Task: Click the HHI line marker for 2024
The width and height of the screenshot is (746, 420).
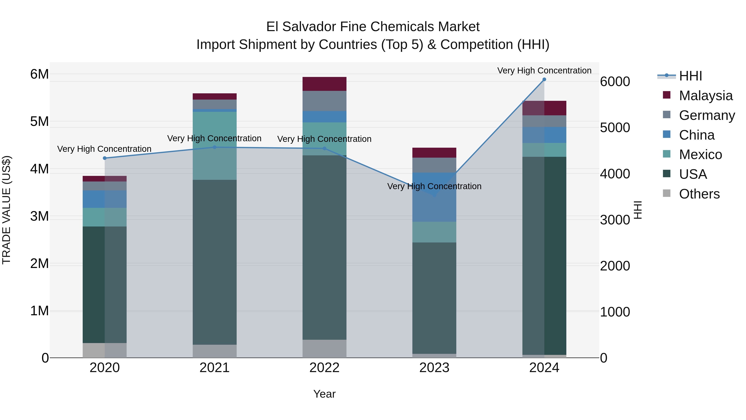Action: tap(544, 79)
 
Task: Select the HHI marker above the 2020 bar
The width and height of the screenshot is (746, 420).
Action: tap(105, 158)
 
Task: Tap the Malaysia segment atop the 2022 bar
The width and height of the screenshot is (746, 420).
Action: tap(324, 84)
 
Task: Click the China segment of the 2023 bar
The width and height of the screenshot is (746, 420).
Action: tap(434, 197)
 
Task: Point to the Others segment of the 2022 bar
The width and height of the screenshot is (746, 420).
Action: tap(324, 348)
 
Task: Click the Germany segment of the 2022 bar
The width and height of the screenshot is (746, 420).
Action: tap(324, 101)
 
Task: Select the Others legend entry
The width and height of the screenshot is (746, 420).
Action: tap(699, 194)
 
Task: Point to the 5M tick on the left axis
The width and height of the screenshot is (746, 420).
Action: tap(40, 122)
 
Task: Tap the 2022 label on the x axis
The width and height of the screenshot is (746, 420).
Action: tap(324, 368)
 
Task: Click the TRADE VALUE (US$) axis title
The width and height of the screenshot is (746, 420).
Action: tap(6, 210)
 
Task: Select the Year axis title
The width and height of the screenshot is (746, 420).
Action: tap(324, 394)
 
